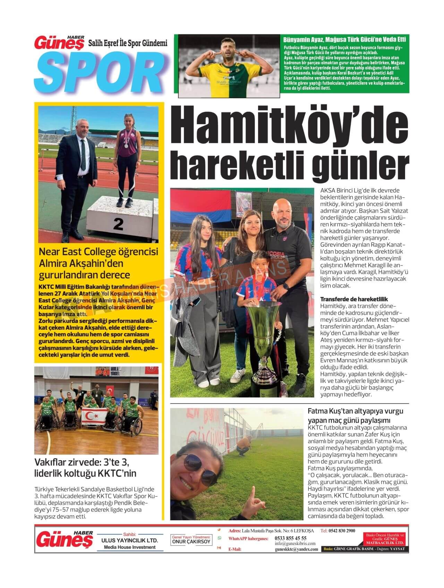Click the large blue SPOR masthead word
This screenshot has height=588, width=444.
(x=101, y=69)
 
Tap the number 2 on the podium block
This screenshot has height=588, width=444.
(x=118, y=224)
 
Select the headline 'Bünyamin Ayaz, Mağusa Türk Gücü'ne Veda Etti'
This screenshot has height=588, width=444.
(x=344, y=40)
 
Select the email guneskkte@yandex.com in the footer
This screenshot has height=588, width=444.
(x=296, y=549)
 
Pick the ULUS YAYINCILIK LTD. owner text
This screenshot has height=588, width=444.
(x=130, y=540)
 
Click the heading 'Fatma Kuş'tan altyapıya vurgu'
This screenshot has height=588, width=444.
(x=356, y=411)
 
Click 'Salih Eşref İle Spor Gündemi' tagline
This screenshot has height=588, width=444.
(x=128, y=43)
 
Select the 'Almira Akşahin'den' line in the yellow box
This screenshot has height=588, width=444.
(x=81, y=263)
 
